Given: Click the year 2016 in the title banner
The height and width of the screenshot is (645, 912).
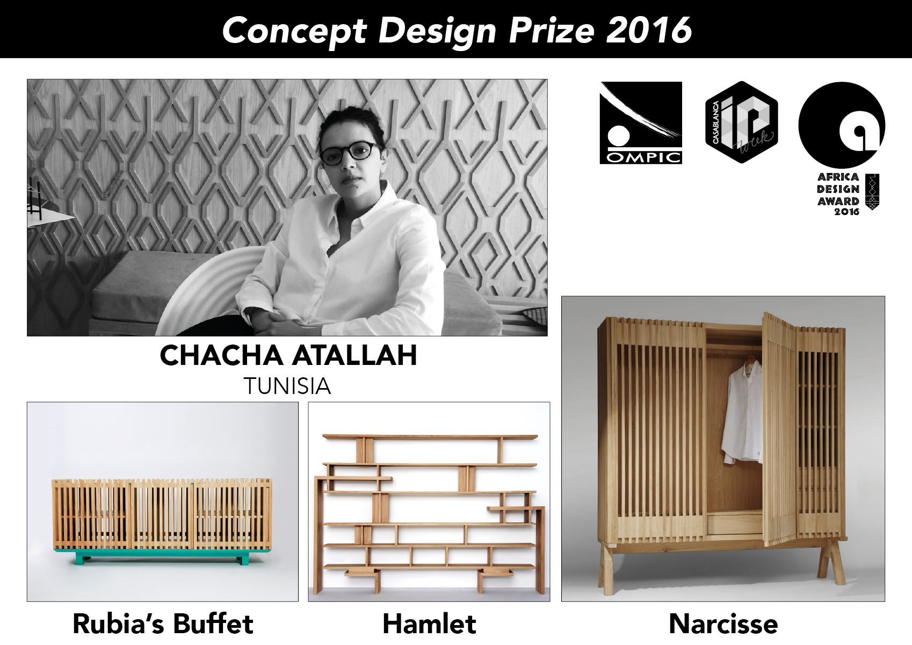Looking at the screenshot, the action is click(x=649, y=30).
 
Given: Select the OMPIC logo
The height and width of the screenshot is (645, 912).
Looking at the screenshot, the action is click(x=641, y=123).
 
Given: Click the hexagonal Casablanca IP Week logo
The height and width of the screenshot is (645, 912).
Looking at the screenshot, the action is click(x=741, y=122).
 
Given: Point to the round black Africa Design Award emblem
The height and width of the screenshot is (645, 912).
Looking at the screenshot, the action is click(x=841, y=125).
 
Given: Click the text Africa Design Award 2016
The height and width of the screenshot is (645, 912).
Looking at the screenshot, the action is click(x=838, y=194).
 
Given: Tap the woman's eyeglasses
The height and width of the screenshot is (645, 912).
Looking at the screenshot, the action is click(x=350, y=153).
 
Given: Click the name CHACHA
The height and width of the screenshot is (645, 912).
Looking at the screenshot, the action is click(x=221, y=355).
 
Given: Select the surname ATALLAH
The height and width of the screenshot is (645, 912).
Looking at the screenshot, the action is click(x=354, y=355).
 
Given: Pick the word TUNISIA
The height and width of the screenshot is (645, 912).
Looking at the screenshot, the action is click(x=287, y=386).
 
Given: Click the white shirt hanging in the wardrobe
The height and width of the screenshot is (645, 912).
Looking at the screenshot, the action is click(x=742, y=412).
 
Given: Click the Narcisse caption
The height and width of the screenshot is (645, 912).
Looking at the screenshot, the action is click(x=723, y=624).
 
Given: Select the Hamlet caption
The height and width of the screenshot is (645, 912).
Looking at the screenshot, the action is click(x=429, y=624).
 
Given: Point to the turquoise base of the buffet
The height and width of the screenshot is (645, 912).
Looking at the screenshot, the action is click(x=162, y=555).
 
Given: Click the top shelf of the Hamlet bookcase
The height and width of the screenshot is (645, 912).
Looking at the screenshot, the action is click(x=430, y=437).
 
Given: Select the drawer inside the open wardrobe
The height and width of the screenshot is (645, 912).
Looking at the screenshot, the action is click(x=735, y=525).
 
